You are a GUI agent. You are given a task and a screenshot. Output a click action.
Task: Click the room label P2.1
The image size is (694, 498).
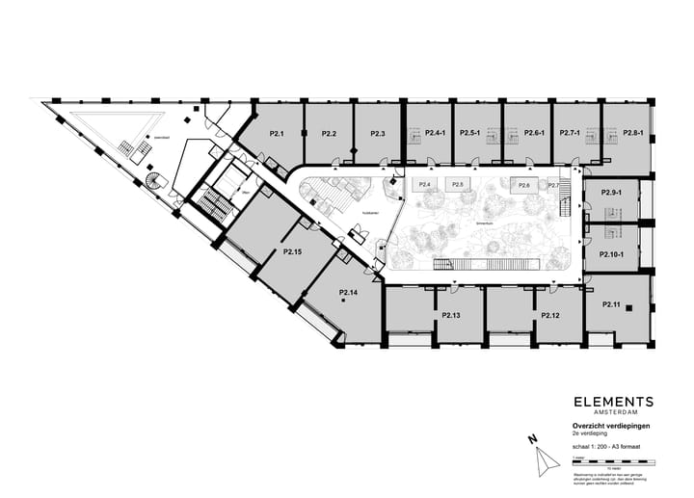tap(277, 133)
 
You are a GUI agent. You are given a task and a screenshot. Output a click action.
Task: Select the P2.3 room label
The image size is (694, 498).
tap(377, 133)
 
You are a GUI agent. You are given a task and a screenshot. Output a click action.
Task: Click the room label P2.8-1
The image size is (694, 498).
tap(632, 133)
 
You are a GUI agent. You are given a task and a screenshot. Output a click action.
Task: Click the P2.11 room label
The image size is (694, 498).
tap(610, 304)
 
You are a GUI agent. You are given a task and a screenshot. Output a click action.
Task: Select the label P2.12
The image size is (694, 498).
tap(550, 315)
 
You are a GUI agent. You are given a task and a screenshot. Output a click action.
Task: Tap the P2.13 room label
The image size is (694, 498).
tap(450, 315)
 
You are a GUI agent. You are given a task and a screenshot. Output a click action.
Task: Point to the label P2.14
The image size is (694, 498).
tap(349, 292)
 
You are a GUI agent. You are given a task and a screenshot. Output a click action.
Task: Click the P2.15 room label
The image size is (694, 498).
tap(293, 251)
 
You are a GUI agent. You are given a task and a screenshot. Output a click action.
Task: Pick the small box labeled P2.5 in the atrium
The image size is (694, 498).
tap(458, 184)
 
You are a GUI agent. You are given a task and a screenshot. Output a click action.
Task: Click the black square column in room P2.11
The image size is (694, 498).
tap(628, 308)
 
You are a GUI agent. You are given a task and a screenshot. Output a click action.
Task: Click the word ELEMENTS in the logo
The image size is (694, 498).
tap(613, 402)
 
